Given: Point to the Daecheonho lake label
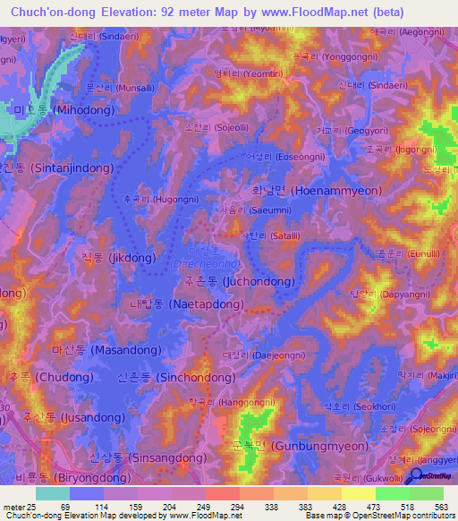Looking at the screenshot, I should click(212, 265).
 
